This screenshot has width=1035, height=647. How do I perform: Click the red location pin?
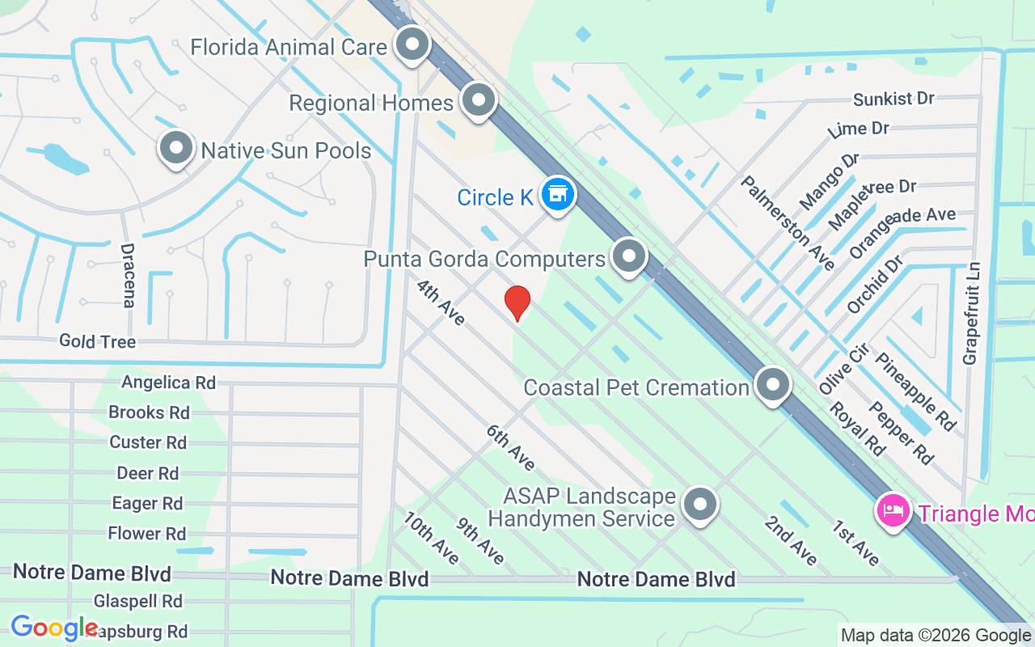[x=517, y=302]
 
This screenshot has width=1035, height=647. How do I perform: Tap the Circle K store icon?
[x=557, y=194]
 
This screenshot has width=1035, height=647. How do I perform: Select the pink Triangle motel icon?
[x=893, y=511]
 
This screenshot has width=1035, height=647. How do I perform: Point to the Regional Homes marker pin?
[x=479, y=101]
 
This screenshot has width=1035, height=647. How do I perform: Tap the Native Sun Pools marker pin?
[x=175, y=148]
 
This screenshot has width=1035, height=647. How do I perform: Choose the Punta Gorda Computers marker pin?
[x=628, y=256]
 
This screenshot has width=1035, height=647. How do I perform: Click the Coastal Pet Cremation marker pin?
[x=773, y=385]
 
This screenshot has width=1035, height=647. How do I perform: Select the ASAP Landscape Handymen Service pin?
[x=700, y=505]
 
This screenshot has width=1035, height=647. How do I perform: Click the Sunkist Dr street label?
[x=893, y=99]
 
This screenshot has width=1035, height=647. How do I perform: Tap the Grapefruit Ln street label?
[x=971, y=312]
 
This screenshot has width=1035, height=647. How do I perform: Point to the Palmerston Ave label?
[x=788, y=222]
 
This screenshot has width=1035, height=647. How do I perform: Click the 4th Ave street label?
[x=441, y=302]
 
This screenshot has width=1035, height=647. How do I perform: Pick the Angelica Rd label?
[x=168, y=382]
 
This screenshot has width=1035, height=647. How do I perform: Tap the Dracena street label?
[x=128, y=275]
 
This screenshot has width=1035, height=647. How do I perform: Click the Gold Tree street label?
[x=97, y=341]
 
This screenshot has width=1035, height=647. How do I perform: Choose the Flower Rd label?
[x=146, y=533]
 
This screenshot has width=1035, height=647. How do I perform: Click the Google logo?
[x=53, y=628]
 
